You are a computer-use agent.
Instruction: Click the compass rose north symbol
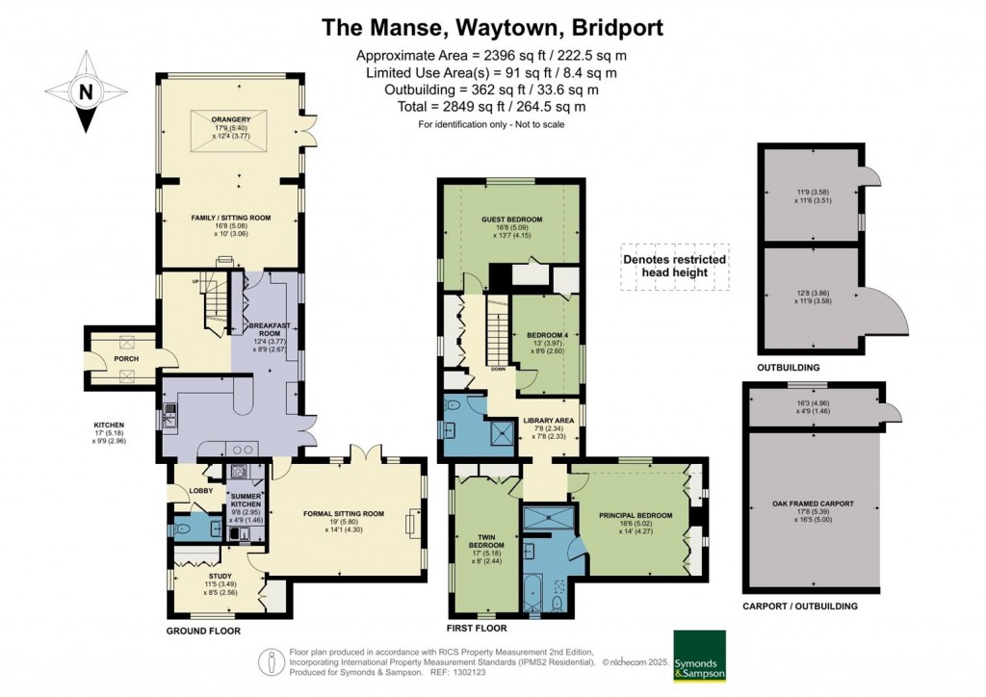(87, 92)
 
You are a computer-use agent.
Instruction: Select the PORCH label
(125, 359)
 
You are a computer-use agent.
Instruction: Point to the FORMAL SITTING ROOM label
(344, 513)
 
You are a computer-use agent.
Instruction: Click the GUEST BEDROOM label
(511, 219)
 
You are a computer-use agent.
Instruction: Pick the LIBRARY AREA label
(549, 421)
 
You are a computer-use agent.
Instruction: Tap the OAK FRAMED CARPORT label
(814, 503)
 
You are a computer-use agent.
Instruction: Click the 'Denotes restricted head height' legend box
(674, 266)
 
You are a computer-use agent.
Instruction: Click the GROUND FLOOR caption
(204, 631)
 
